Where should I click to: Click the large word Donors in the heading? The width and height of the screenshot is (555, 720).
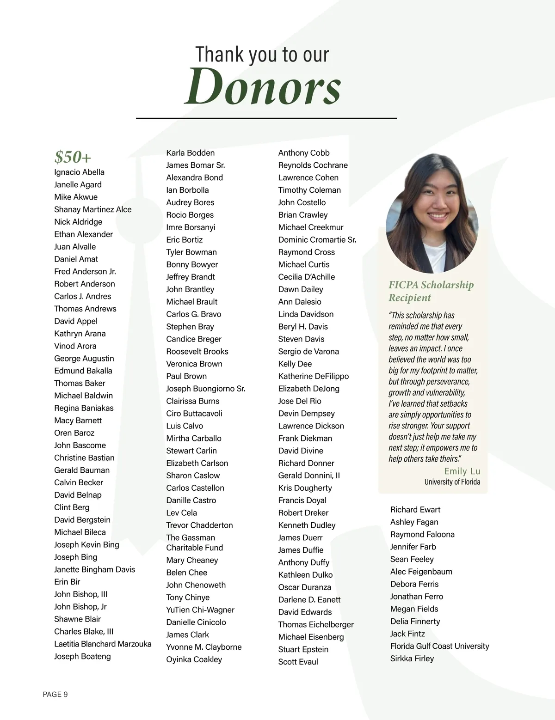click(262, 86)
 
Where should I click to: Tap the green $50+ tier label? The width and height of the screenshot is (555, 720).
click(73, 157)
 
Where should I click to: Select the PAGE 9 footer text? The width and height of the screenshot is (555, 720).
click(55, 694)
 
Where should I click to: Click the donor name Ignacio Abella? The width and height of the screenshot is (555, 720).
click(79, 172)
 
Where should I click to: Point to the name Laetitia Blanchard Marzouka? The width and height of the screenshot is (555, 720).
click(103, 644)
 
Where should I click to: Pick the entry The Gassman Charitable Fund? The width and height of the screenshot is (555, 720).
click(194, 543)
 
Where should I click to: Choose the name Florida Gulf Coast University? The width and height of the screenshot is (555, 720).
click(439, 646)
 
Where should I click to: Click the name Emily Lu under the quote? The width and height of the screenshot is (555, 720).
click(462, 471)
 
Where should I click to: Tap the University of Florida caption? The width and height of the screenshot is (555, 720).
click(452, 482)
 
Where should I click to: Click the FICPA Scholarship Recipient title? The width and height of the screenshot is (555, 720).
click(431, 291)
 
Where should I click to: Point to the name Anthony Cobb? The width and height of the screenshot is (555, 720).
click(304, 153)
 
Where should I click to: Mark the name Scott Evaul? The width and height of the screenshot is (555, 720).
click(298, 662)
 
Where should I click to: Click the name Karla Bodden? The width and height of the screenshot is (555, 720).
click(190, 153)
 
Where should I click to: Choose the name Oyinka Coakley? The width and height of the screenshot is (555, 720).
click(194, 659)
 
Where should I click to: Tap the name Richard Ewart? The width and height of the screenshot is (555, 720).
click(415, 510)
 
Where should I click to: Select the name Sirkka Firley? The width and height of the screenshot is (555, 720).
click(412, 659)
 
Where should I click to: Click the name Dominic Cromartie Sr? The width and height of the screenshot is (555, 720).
click(317, 240)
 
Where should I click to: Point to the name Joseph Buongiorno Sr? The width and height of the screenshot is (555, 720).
click(205, 389)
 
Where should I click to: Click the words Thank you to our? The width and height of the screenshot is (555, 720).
click(262, 55)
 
